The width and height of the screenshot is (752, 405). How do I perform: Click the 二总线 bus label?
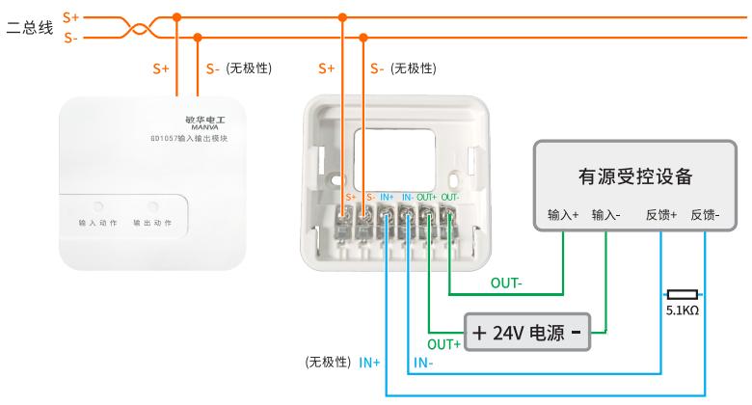click(30, 28)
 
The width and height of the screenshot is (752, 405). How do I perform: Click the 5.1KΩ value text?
click(683, 310)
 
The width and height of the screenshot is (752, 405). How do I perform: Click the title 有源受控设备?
click(635, 176)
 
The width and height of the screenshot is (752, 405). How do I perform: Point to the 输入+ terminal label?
click(562, 215)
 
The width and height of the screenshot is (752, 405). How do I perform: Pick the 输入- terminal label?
click(605, 215)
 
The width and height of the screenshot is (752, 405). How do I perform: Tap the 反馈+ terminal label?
click(661, 215)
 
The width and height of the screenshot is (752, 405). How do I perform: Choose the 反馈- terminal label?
click(705, 215)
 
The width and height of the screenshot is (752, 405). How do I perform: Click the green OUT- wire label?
click(507, 283)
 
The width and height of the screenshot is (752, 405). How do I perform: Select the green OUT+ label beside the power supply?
click(444, 343)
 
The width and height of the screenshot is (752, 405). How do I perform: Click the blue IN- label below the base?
click(423, 363)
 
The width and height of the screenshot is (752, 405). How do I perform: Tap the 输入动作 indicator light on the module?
click(98, 205)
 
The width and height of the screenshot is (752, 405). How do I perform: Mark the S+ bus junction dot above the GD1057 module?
click(176, 17)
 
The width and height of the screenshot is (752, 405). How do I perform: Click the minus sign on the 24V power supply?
click(576, 333)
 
